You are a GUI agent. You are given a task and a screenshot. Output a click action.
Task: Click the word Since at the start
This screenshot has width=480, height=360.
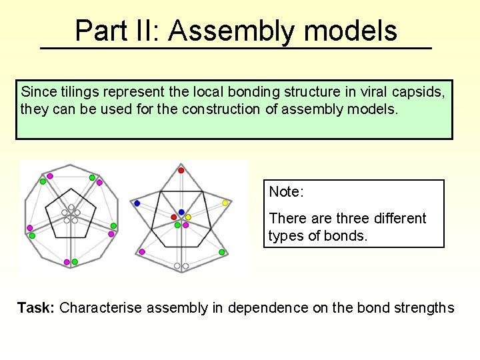tap(37, 91)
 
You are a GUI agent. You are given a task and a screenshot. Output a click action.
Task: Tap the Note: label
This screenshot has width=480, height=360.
tap(287, 192)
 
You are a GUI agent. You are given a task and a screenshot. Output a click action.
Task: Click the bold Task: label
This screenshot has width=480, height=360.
tap(36, 308)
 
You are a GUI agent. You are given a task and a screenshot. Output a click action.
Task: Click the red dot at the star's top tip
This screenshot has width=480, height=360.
tap(181, 171)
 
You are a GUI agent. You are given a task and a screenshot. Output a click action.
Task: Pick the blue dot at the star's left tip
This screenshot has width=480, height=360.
tap(137, 203)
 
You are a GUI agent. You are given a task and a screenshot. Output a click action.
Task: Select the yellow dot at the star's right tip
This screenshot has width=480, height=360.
tap(225, 203)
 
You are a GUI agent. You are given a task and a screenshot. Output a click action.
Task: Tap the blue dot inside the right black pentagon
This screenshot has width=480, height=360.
tap(181, 212)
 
